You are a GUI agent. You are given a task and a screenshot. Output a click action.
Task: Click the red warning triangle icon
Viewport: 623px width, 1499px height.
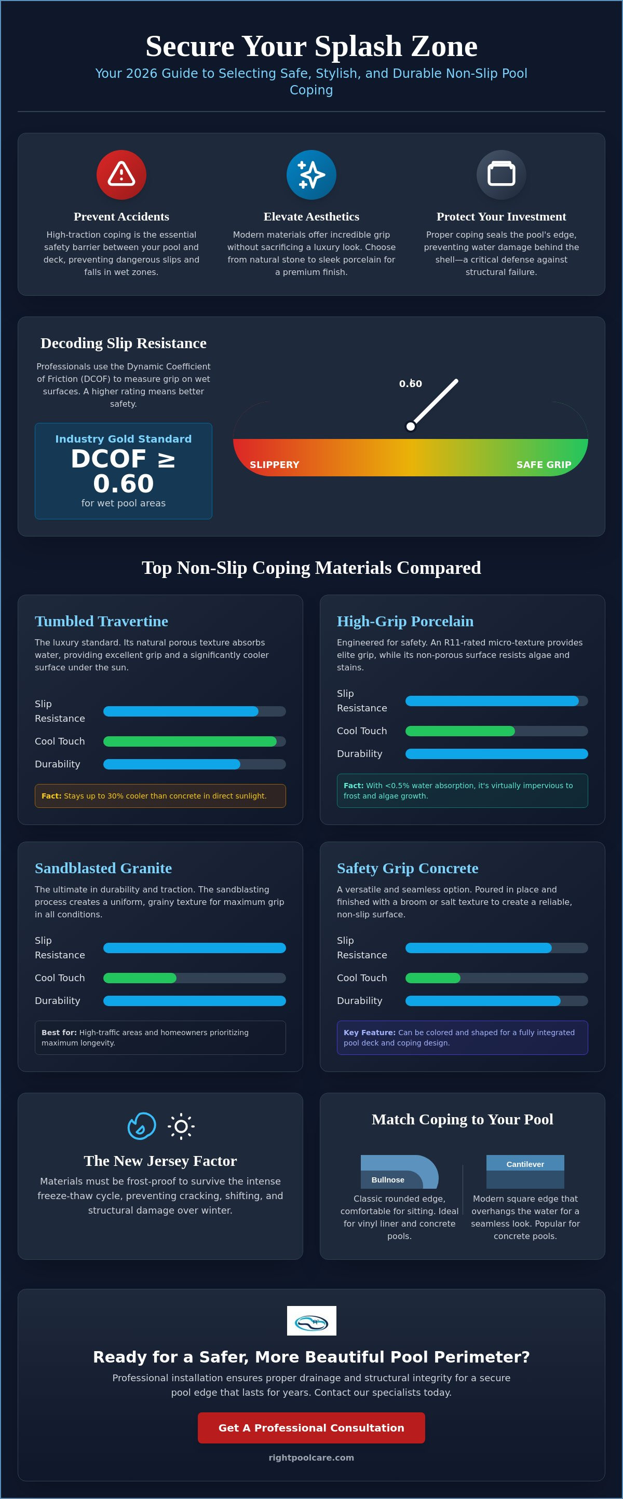pos(121,174)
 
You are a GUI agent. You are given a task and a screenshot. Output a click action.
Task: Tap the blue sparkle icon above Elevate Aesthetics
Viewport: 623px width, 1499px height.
pos(311,174)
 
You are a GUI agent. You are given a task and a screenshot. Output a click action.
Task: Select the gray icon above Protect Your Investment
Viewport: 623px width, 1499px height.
pos(502,174)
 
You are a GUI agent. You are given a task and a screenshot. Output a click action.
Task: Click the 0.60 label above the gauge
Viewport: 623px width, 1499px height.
pos(411,383)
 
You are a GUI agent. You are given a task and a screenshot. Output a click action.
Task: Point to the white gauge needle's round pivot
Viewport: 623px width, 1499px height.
pos(411,427)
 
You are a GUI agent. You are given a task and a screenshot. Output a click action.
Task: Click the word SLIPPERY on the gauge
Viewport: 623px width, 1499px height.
pos(274,464)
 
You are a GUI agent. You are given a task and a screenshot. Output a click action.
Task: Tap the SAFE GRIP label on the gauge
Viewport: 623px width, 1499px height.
pos(544,464)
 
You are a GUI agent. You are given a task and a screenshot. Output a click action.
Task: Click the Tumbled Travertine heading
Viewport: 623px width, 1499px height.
pos(101,621)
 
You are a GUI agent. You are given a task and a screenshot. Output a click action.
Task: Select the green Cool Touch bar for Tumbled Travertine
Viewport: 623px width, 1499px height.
pos(190,741)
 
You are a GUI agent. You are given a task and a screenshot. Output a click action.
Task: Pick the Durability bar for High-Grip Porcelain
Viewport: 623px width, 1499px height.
pos(497,753)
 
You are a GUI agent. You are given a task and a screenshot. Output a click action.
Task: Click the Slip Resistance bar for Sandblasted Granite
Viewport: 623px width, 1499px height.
pos(195,948)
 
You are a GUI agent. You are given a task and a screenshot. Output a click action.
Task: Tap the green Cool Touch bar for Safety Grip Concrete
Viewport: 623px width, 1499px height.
pos(432,978)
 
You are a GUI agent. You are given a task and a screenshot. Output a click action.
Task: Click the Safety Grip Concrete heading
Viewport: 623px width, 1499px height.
pos(408,868)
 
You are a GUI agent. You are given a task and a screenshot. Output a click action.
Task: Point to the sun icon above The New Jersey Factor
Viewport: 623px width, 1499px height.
pos(181,1126)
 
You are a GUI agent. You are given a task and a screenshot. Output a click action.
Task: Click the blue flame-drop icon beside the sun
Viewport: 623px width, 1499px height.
pos(142,1126)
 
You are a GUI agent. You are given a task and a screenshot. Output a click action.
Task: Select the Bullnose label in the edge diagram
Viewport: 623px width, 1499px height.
pos(388,1179)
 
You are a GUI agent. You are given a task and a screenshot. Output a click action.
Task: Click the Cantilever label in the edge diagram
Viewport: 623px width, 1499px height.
pos(525,1164)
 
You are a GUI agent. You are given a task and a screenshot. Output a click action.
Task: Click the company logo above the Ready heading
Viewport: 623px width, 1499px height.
pos(311,1321)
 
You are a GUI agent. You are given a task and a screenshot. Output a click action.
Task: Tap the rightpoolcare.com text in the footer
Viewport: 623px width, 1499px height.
pos(311,1457)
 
